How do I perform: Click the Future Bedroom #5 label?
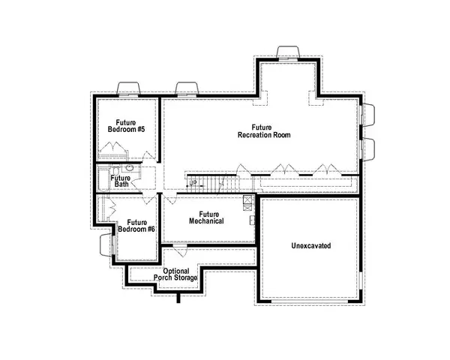click(x=126, y=125)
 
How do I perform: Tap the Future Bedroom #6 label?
click(x=140, y=225)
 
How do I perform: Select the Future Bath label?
click(x=120, y=181)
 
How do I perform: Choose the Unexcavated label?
click(x=310, y=246)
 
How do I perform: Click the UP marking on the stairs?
click(x=193, y=182)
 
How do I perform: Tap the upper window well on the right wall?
click(x=368, y=114)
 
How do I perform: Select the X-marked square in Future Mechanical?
click(x=247, y=200)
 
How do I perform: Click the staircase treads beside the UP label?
click(x=217, y=183)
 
